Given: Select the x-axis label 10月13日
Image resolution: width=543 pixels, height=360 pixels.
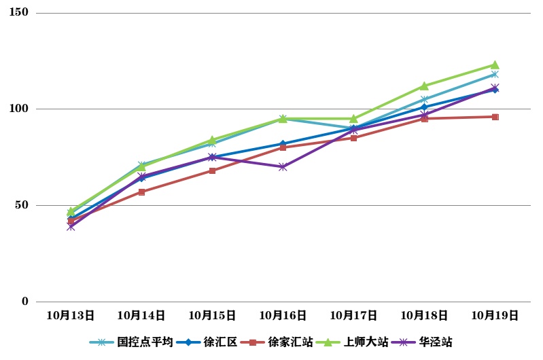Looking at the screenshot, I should (71, 315).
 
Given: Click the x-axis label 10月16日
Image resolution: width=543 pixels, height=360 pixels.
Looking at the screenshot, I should (283, 315).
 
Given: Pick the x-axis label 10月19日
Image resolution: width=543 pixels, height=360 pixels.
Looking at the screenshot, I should (495, 315).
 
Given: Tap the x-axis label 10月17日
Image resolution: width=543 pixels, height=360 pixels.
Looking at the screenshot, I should (353, 315).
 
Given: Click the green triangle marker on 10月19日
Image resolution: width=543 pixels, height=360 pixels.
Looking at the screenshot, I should (495, 65).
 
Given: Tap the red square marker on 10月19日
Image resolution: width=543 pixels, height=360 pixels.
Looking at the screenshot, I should (495, 117).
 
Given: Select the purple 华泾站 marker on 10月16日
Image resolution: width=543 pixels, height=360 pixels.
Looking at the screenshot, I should (283, 166).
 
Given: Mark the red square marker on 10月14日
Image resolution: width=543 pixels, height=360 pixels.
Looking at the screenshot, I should (141, 192).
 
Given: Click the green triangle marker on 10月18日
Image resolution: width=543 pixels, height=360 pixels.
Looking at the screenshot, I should (424, 86).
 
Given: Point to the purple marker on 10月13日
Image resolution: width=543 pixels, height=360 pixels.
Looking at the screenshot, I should (71, 227).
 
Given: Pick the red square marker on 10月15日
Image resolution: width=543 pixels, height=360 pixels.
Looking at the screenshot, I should (212, 170).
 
